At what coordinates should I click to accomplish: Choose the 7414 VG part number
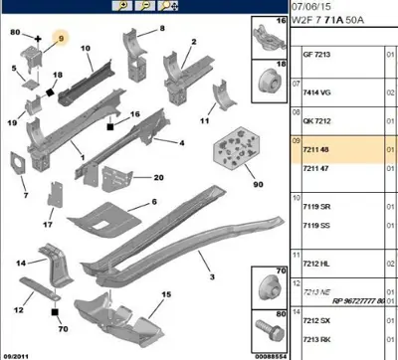(x=315, y=89)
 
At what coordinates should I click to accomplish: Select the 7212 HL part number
(x=315, y=265)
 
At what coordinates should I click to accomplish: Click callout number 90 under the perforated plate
(x=230, y=186)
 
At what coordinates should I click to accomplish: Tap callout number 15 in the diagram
(x=167, y=294)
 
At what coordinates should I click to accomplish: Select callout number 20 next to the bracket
(x=158, y=178)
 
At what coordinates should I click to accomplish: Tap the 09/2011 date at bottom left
(x=16, y=353)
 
